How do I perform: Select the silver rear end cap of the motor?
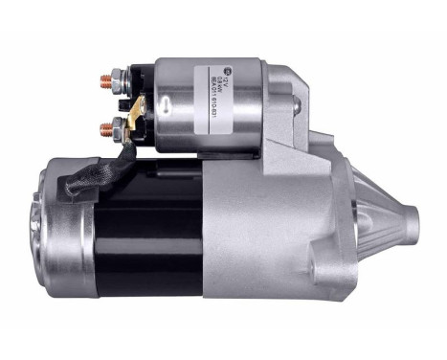pos(57,230)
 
